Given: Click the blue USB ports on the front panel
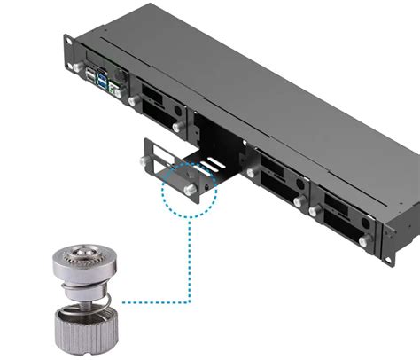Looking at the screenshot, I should (105, 84).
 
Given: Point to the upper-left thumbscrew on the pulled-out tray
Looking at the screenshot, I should (144, 160).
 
